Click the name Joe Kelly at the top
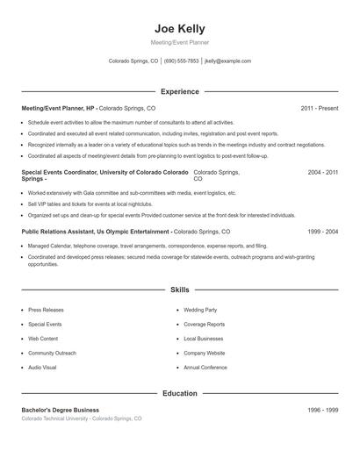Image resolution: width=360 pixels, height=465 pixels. pyautogui.click(x=179, y=28)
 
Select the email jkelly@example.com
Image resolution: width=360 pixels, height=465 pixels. pyautogui.click(x=227, y=61)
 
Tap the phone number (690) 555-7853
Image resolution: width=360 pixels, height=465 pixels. pyautogui.click(x=181, y=61)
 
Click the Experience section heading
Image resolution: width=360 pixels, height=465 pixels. pyautogui.click(x=179, y=91)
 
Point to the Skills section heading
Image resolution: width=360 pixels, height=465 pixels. pyautogui.click(x=179, y=289)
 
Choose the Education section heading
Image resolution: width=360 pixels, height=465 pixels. pyautogui.click(x=179, y=394)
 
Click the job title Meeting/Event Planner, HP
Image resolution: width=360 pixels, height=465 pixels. pyautogui.click(x=58, y=108)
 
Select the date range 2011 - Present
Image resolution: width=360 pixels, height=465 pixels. pyautogui.click(x=319, y=108)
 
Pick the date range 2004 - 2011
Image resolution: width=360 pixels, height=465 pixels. pyautogui.click(x=322, y=173)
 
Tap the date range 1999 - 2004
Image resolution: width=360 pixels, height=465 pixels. pyautogui.click(x=322, y=232)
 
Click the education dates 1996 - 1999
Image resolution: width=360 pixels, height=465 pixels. pyautogui.click(x=322, y=411)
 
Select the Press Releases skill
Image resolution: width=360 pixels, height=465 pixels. pyautogui.click(x=46, y=310)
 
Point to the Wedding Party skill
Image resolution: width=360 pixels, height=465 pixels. pyautogui.click(x=200, y=310)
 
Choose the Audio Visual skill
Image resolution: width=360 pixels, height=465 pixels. pyautogui.click(x=42, y=367)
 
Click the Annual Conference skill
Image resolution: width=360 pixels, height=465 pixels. pyautogui.click(x=206, y=367)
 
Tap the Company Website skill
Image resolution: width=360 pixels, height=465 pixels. pyautogui.click(x=205, y=353)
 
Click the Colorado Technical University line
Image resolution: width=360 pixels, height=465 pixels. pyautogui.click(x=81, y=419)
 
